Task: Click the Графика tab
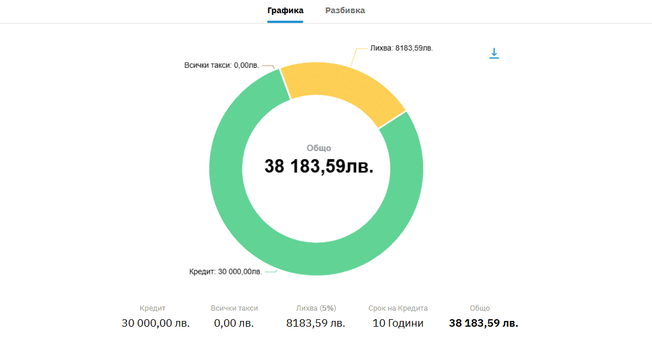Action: pos(285,10)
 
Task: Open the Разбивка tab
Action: pos(345,10)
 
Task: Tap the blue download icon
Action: pos(494,53)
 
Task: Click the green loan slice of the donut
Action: pos(241,218)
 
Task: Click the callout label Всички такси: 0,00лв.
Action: pos(221,65)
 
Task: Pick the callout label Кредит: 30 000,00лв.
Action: pos(226,272)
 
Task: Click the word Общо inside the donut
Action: pos(319,148)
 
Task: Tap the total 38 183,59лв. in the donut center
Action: pos(319,167)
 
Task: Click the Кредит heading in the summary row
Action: pos(152,308)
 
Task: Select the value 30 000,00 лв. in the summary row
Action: pos(156,323)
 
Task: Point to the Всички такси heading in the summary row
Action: pos(234,308)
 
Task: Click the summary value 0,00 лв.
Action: pos(234,323)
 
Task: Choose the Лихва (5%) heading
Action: pos(315,308)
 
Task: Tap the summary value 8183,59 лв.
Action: pos(315,323)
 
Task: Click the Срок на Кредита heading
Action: pos(398,308)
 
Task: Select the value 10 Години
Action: pos(398,323)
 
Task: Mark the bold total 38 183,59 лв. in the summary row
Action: pos(484,323)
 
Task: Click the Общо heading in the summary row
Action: pos(480,308)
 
